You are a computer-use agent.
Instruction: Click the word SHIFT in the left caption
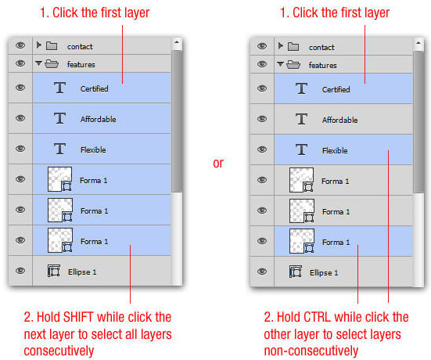click(78, 317)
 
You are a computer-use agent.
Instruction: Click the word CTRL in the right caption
click(318, 317)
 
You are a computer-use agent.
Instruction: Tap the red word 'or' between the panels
click(218, 164)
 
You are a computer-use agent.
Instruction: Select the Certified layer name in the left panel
click(95, 89)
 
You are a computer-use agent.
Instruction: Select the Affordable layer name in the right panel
click(340, 120)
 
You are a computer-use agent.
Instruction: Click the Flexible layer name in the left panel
click(93, 150)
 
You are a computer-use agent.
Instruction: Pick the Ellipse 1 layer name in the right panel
click(324, 273)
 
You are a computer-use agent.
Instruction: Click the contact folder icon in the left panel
click(52, 46)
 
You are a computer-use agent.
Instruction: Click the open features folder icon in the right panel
click(293, 65)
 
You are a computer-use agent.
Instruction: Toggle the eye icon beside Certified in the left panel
click(20, 88)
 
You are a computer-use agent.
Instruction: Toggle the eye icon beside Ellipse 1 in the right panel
click(262, 272)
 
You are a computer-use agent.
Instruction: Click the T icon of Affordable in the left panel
click(59, 118)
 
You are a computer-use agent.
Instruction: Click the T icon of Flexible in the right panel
click(301, 149)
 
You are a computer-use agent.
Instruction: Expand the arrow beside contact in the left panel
click(39, 45)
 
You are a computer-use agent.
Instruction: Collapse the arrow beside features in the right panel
click(280, 64)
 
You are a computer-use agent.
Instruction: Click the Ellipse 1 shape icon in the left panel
click(54, 271)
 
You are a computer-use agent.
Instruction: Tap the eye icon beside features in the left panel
click(20, 63)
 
